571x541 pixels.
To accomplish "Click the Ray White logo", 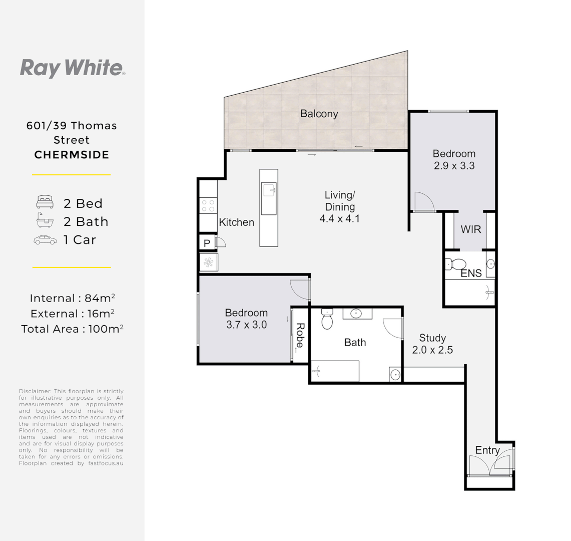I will pyautogui.click(x=72, y=68).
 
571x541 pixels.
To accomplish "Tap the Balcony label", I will pyautogui.click(x=319, y=114).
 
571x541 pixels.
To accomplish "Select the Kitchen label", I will pyautogui.click(x=236, y=222).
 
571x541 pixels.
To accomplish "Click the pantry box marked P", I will pyautogui.click(x=207, y=243).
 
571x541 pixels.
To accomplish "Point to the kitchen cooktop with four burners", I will pyautogui.click(x=208, y=205).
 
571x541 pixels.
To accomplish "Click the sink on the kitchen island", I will pyautogui.click(x=269, y=189).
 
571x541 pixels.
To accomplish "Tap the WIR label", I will pyautogui.click(x=470, y=229).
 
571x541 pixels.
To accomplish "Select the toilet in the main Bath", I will pyautogui.click(x=327, y=319).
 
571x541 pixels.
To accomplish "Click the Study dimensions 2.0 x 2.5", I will pyautogui.click(x=432, y=350).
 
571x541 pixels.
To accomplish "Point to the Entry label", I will pyautogui.click(x=487, y=450).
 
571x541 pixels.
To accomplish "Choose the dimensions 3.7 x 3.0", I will pyautogui.click(x=246, y=325).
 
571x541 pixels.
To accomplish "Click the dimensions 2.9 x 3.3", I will pyautogui.click(x=454, y=166).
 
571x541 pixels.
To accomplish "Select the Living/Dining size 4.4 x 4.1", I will pyautogui.click(x=339, y=218).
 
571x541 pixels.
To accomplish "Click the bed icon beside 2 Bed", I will pyautogui.click(x=45, y=203).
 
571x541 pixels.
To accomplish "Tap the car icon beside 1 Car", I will pyautogui.click(x=45, y=240).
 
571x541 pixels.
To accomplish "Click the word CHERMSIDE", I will pyautogui.click(x=72, y=155).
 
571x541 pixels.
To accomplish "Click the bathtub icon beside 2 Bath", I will pyautogui.click(x=45, y=221).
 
